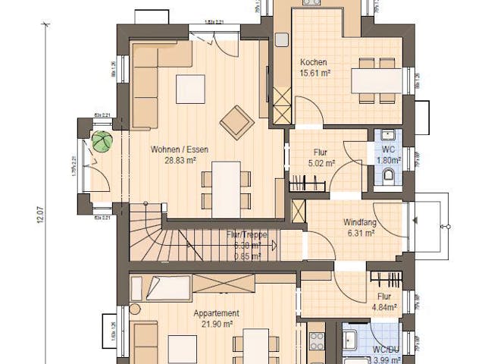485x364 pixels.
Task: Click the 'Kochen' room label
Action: (313, 62)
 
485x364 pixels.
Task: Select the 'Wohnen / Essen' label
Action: (179, 149)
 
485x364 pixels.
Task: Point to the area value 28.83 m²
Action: (180, 160)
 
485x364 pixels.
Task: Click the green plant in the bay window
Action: (102, 142)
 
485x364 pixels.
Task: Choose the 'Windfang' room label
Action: (360, 223)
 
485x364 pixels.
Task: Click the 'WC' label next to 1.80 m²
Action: (389, 149)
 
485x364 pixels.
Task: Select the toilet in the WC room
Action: (389, 177)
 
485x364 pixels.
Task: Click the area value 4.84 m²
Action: (383, 307)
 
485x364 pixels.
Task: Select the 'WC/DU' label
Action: (385, 350)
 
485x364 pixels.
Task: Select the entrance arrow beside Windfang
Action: (416, 221)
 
